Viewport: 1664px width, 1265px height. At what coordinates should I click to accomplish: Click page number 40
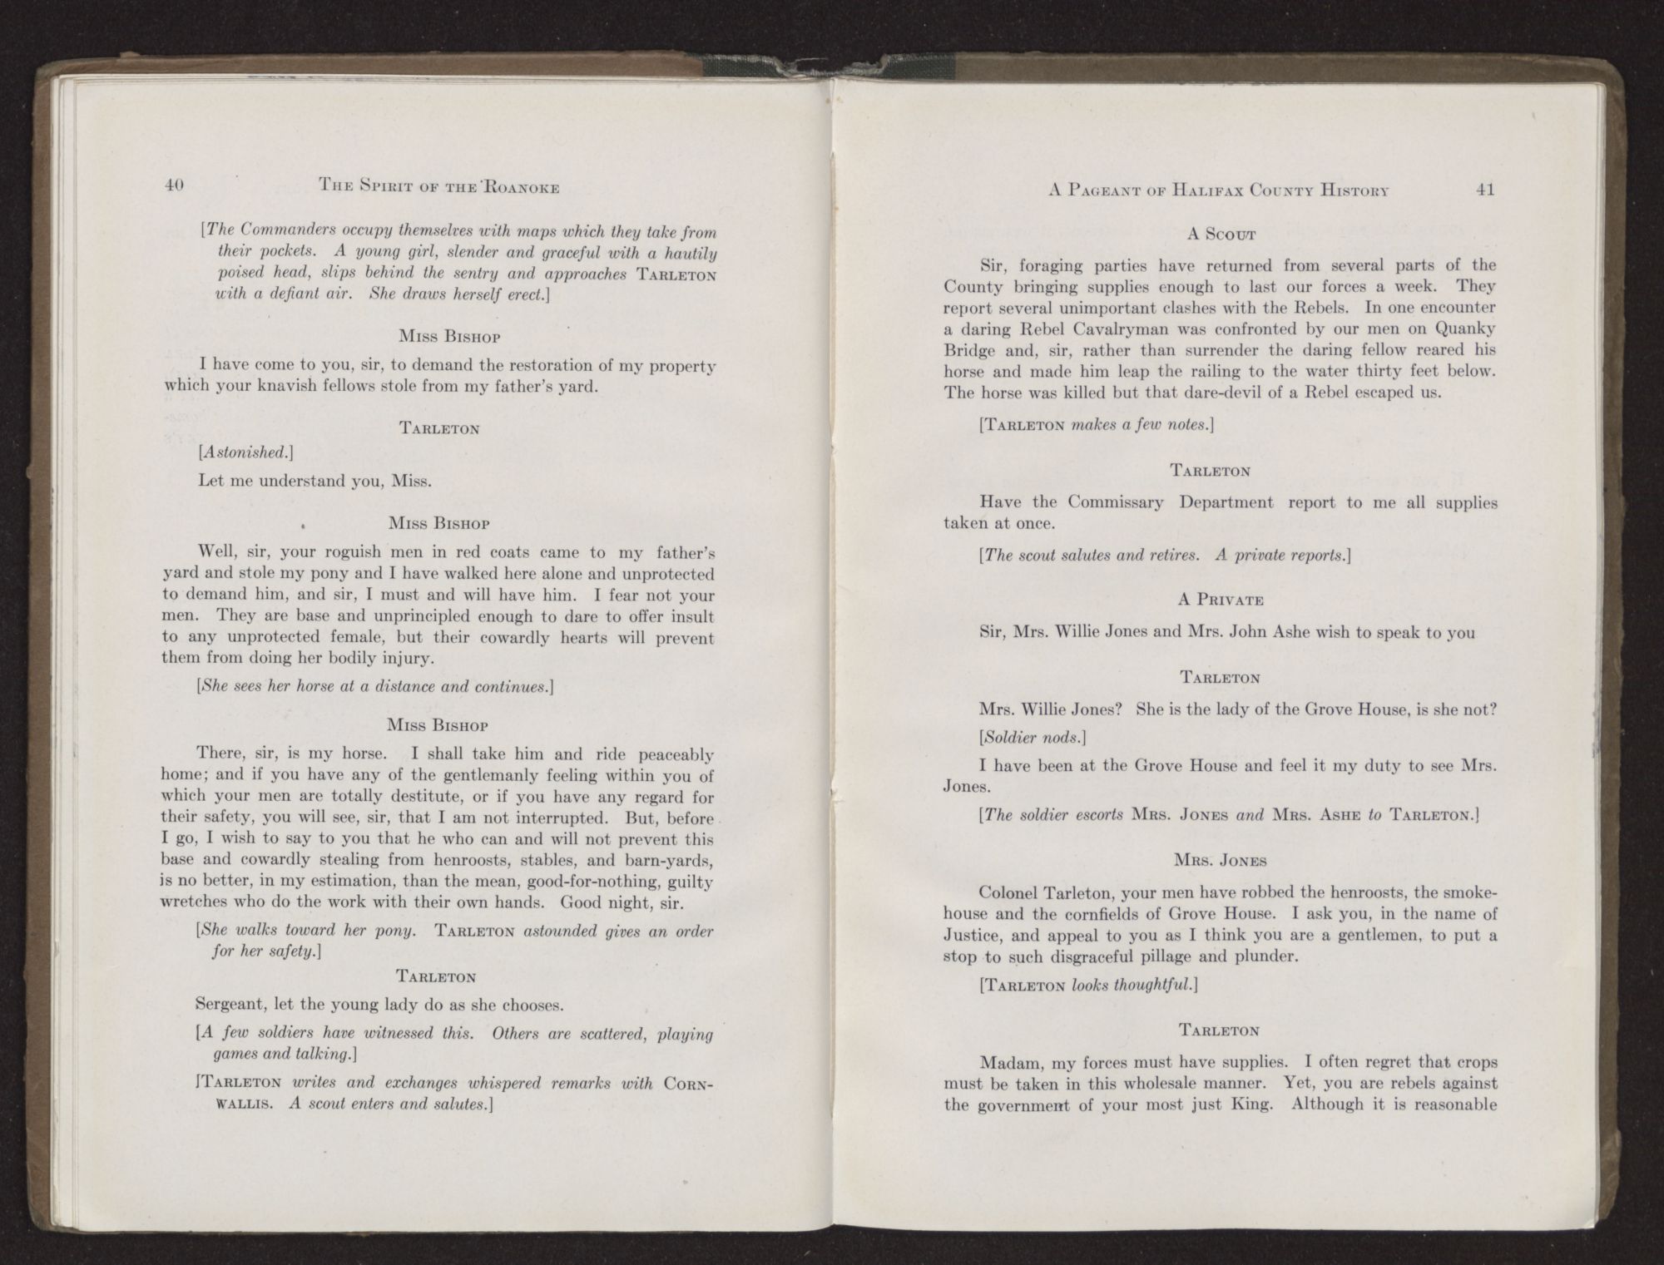tap(174, 186)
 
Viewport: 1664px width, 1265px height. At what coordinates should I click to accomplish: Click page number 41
tap(1485, 190)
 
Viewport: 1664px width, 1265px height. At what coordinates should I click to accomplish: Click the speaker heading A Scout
tap(1221, 235)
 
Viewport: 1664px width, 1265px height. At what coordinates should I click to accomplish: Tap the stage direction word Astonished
tap(246, 452)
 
